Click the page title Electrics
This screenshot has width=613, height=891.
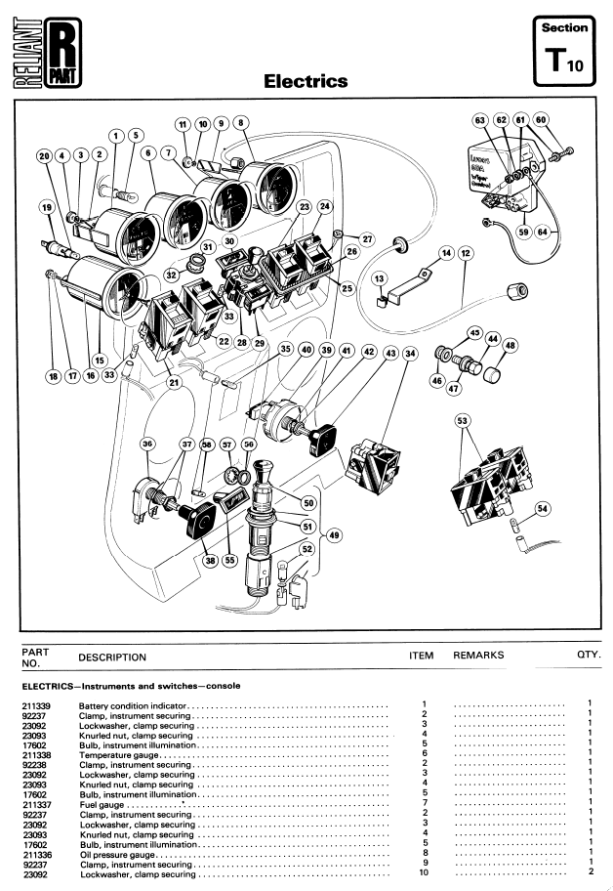click(x=306, y=81)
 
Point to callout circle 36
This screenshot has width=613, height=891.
click(x=148, y=445)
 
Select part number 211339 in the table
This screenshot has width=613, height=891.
click(x=35, y=704)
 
